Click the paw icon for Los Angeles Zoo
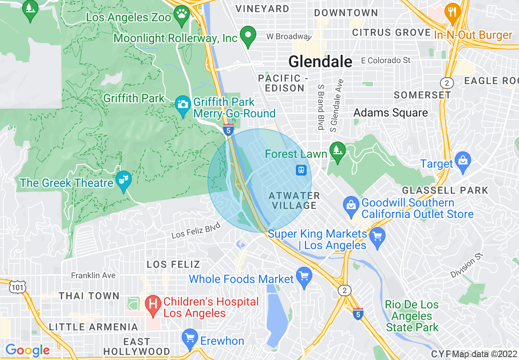point(181,13)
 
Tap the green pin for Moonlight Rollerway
point(247,36)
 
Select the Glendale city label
point(320,62)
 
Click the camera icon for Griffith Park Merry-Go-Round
point(183,103)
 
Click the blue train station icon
point(301,170)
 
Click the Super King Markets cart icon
point(377,236)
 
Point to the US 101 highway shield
point(19,288)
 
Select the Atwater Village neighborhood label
point(294,200)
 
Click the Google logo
point(27,351)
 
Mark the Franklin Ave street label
point(93,275)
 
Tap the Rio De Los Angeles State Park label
point(412,316)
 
